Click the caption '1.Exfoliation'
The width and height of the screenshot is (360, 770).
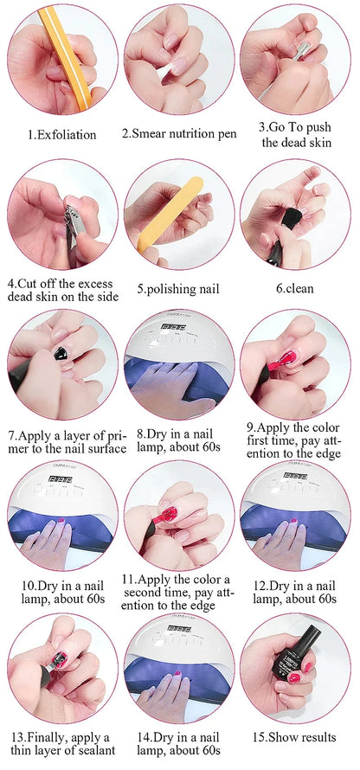click(x=61, y=134)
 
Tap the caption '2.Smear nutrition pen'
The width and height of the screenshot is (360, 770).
click(x=178, y=134)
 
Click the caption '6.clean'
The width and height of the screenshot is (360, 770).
click(x=294, y=289)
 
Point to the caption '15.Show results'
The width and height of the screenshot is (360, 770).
click(x=295, y=737)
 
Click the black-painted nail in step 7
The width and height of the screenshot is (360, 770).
click(x=61, y=354)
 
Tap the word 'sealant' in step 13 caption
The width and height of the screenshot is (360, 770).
click(x=87, y=751)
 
